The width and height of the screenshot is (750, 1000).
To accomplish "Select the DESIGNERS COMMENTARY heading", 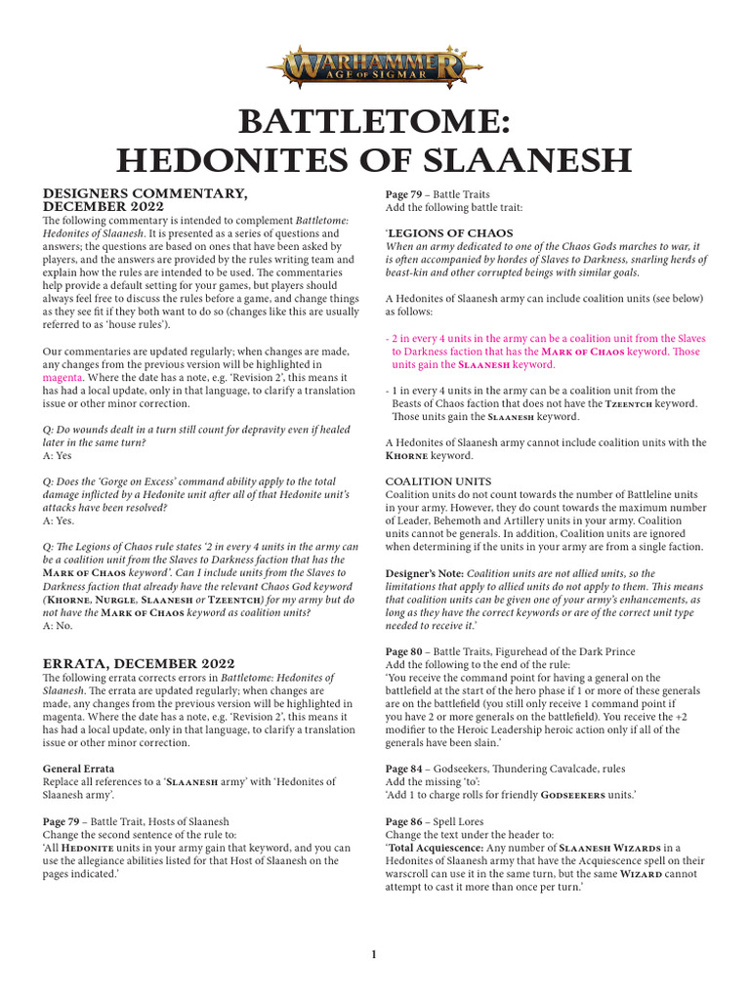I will point(133,194).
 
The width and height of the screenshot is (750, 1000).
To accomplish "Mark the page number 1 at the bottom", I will point(374,954).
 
